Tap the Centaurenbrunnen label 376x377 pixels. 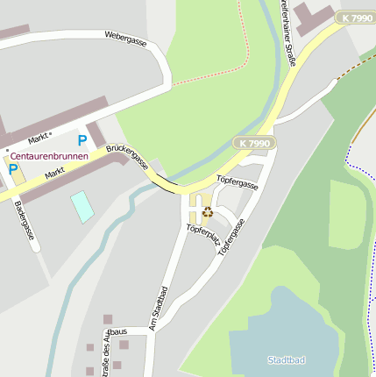tap(49, 156)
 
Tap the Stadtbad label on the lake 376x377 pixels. tap(287, 359)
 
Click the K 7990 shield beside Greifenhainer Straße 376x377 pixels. tap(357, 18)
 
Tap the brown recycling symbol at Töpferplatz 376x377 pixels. tap(207, 210)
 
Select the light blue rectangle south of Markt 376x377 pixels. tap(82, 206)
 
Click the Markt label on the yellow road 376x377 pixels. tap(55, 174)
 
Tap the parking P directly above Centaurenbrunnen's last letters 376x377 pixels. tap(82, 139)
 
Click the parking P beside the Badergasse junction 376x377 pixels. tap(13, 168)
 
